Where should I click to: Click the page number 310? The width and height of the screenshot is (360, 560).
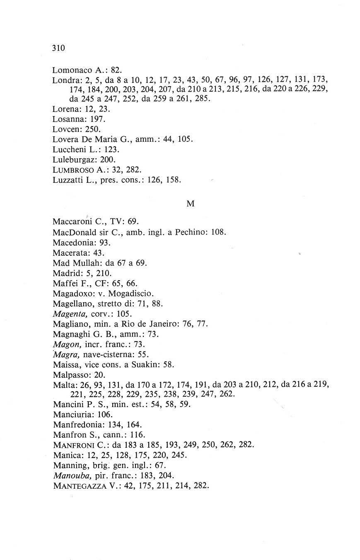(x=59, y=48)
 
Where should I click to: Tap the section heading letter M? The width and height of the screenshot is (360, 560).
(x=191, y=204)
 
